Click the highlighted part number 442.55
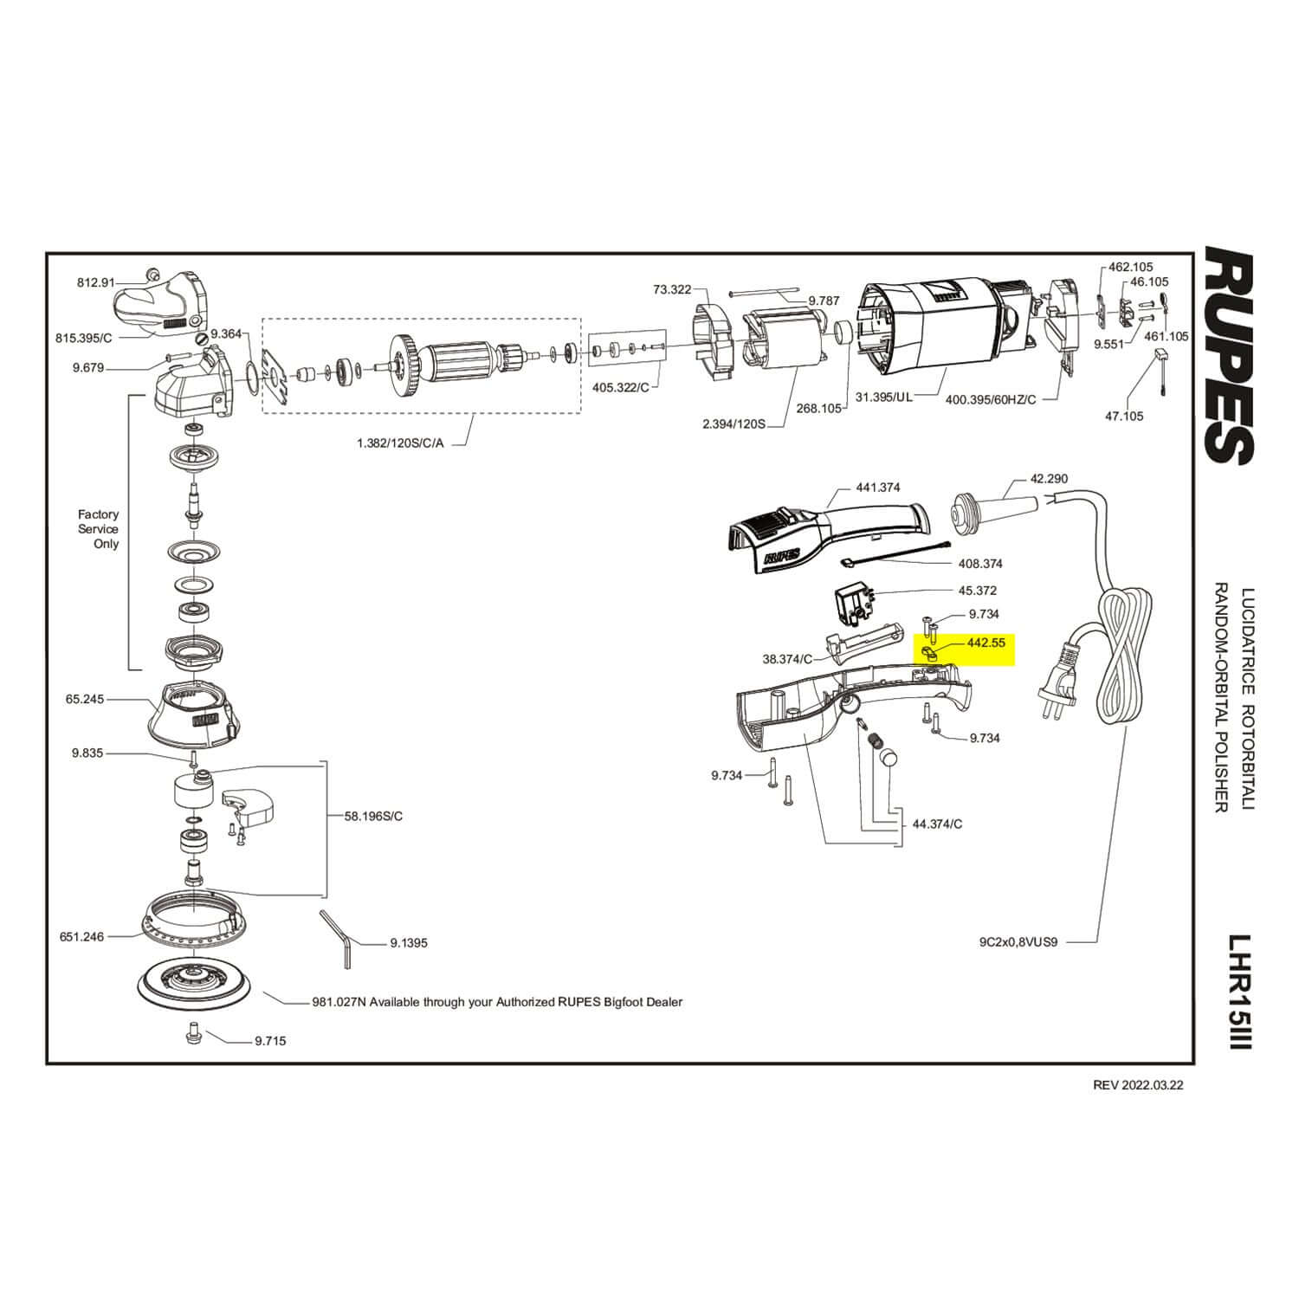[986, 643]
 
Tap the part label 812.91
[96, 282]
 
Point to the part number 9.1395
[409, 943]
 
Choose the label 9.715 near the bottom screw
[270, 1041]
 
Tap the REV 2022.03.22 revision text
[1138, 1085]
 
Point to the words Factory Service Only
[99, 529]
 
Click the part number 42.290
[1049, 479]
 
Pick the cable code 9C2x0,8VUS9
[1019, 942]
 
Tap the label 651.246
[81, 936]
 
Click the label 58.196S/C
[373, 816]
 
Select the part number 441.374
[878, 488]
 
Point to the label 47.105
[1124, 417]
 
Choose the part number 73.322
[672, 289]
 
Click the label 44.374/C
[937, 824]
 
